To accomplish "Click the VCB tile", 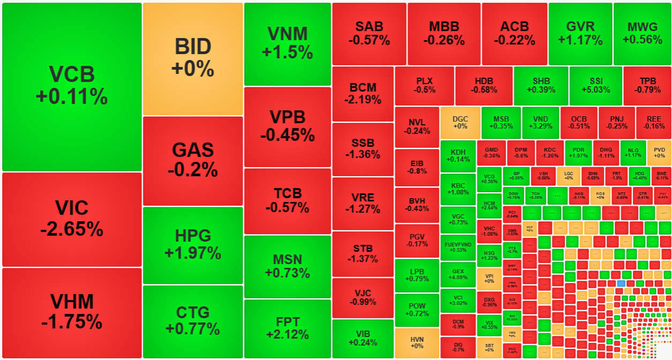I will tap(72, 86).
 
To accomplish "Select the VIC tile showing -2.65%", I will tap(72, 219).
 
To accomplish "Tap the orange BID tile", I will tap(193, 58).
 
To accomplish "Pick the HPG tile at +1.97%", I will tap(193, 244).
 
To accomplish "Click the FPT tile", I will tap(288, 328).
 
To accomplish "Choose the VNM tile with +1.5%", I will tap(288, 43).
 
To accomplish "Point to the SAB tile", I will tap(369, 33).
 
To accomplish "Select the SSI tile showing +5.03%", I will tap(595, 86).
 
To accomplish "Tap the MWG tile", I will tap(643, 33).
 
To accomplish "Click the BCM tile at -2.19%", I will tap(363, 93).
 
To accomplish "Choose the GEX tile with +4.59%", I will tap(458, 274).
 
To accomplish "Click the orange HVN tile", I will tap(417, 342).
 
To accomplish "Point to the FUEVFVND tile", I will tap(458, 247).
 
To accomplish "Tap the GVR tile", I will tap(580, 33).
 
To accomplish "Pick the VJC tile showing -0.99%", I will tap(363, 298).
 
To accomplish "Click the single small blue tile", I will tap(621, 282).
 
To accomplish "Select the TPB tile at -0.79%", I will tap(647, 86).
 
